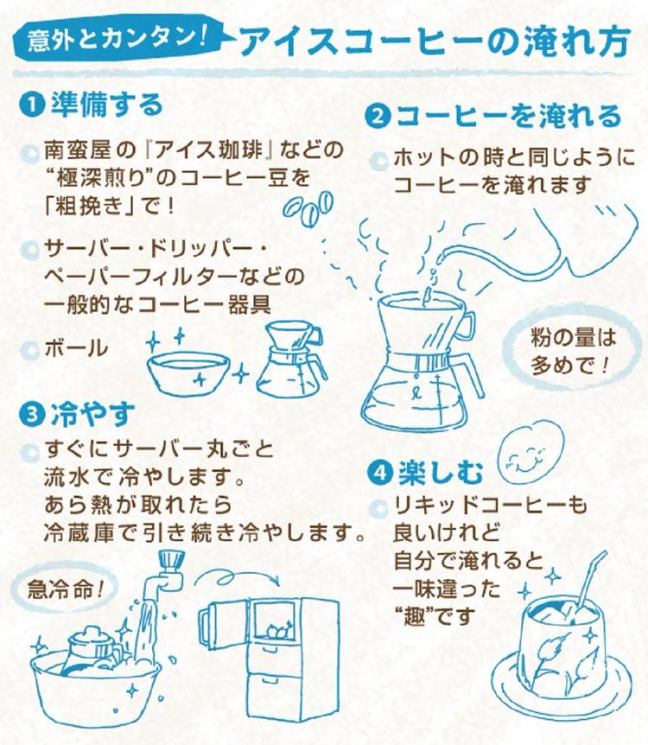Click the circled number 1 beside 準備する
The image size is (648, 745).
(x=31, y=105)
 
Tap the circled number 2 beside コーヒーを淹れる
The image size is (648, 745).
(x=378, y=118)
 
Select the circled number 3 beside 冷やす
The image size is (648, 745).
(x=31, y=415)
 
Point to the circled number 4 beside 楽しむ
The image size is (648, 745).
(x=381, y=474)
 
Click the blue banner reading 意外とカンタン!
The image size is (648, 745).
(x=118, y=38)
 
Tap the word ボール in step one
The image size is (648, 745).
(x=77, y=348)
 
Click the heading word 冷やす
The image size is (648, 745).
(x=93, y=414)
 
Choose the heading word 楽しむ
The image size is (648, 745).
(x=441, y=474)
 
